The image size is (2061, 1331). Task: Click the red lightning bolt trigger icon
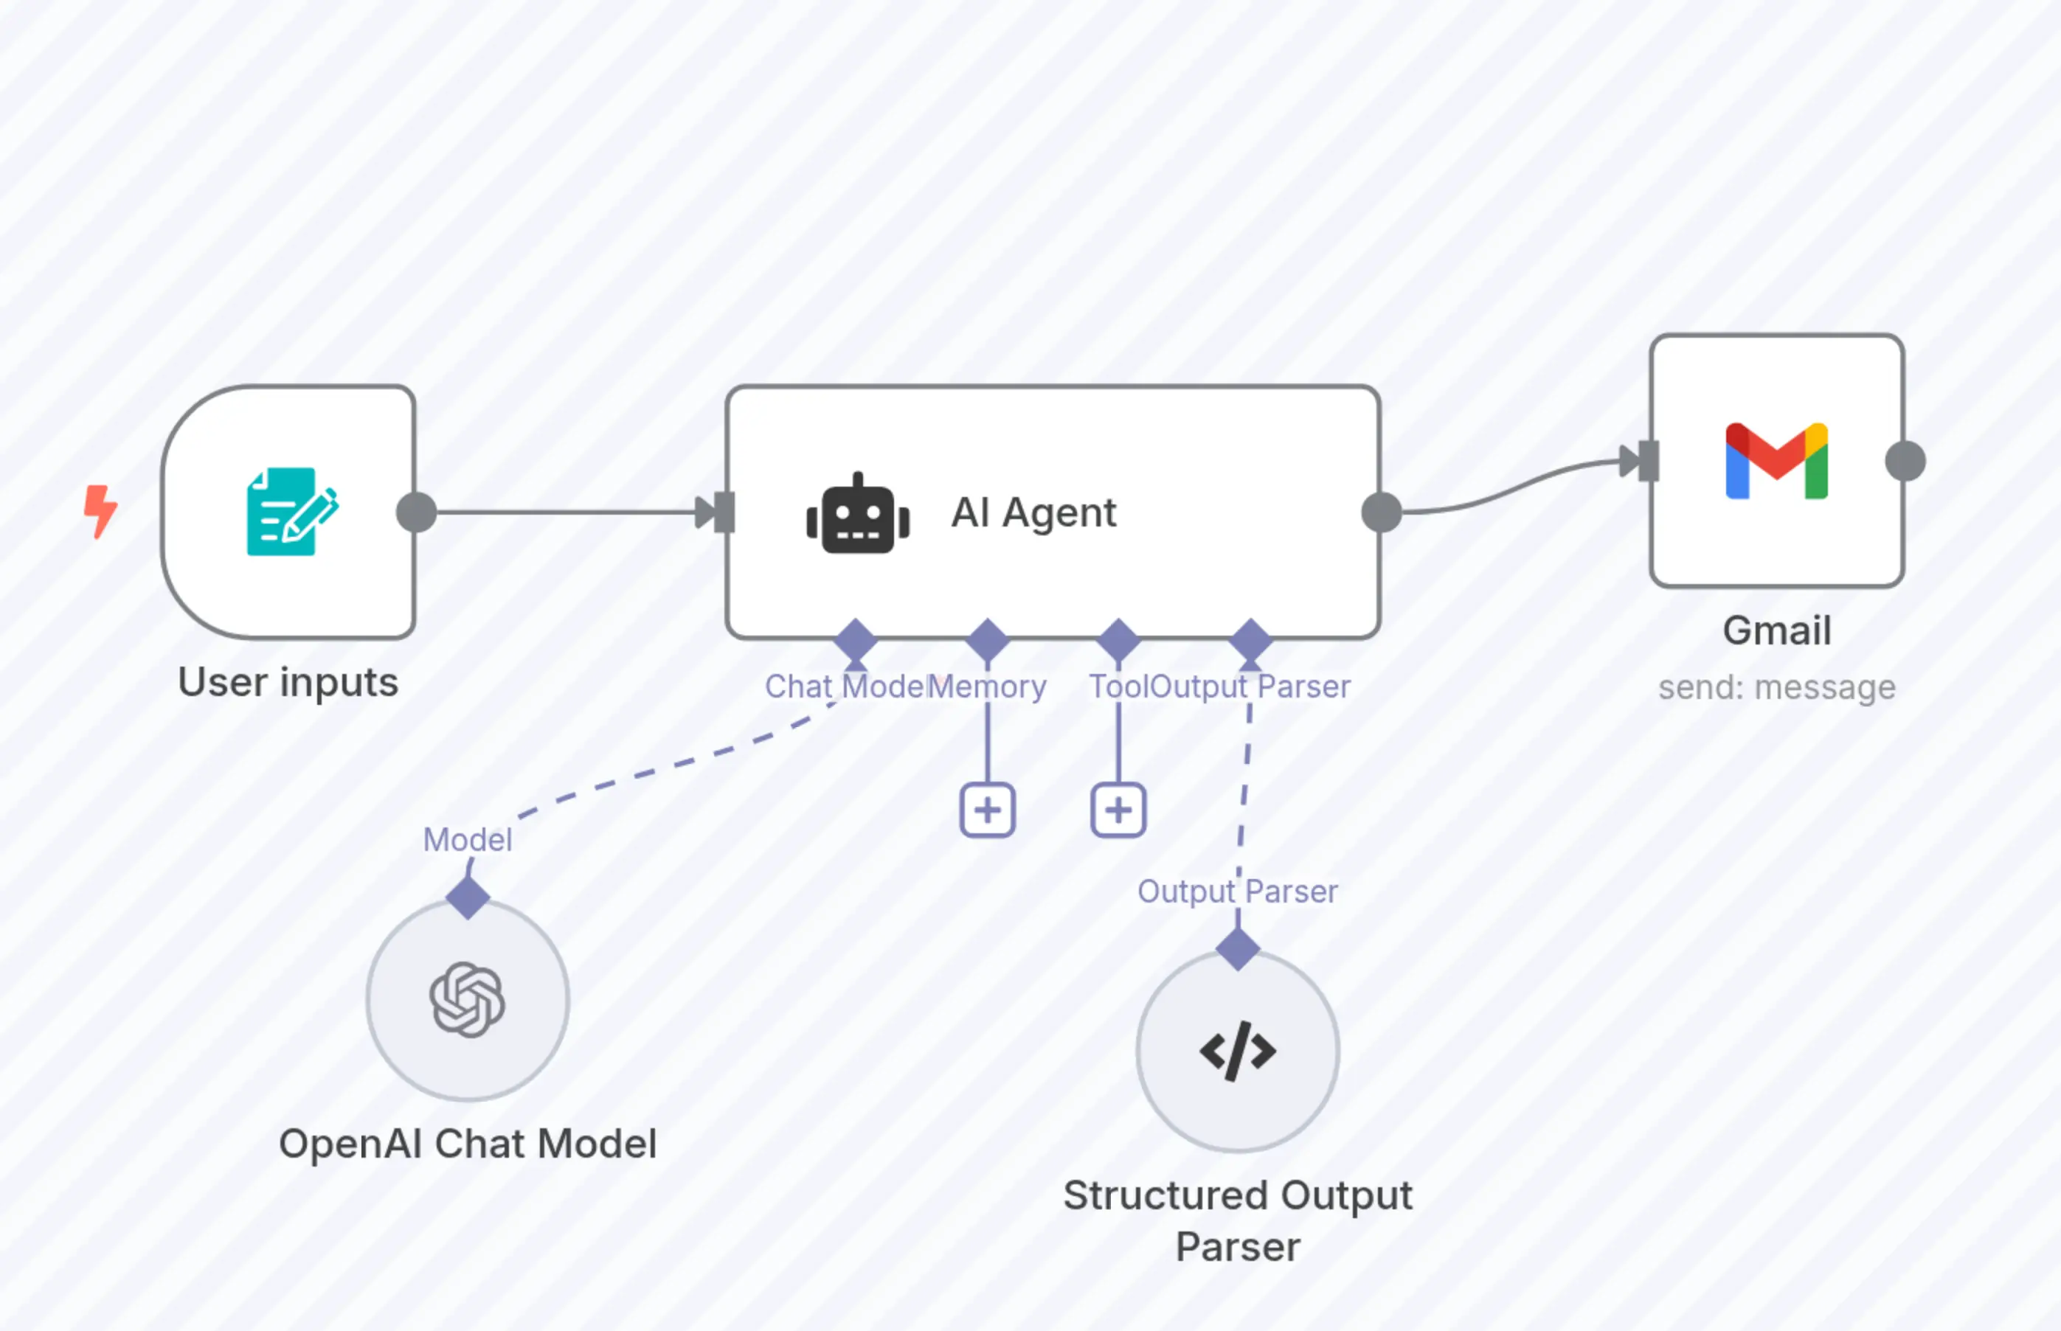pos(100,512)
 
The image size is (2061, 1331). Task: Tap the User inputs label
pos(288,683)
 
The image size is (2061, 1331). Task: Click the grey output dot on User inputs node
pos(416,512)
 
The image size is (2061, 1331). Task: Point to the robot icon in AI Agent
pos(858,513)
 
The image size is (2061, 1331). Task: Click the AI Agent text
pos(1033,512)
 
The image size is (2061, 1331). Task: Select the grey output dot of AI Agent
pos(1381,512)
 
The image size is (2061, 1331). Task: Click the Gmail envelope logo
pos(1776,461)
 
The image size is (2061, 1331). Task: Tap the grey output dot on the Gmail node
pos(1905,461)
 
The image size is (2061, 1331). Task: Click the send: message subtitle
pos(1776,688)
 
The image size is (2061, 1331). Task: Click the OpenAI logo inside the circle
pos(468,1000)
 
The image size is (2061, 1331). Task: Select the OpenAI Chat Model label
pos(468,1144)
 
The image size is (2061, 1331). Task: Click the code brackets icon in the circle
pos(1237,1051)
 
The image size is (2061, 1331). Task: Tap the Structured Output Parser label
pos(1237,1220)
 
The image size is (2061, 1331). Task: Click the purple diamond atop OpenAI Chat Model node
pos(468,897)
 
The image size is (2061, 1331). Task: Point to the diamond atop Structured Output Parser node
pos(1237,949)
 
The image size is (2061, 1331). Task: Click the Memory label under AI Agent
pos(988,687)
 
